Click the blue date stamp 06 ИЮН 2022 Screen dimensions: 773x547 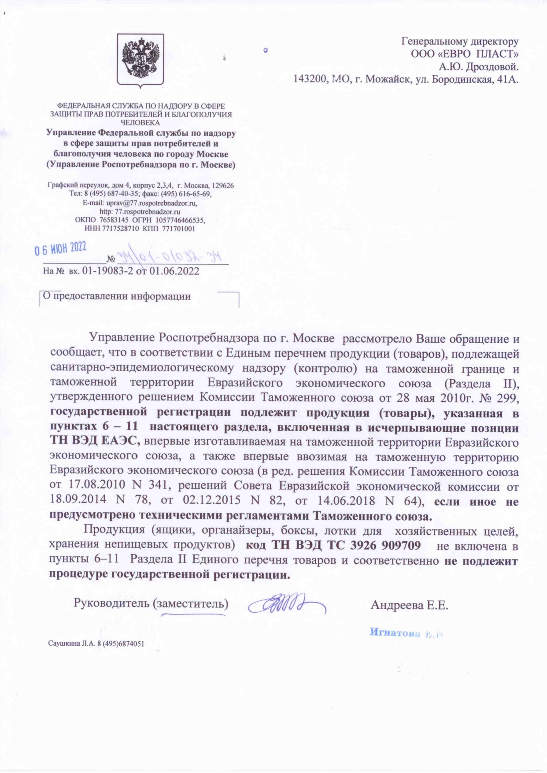pos(61,249)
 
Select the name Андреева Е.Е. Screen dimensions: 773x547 pos(409,605)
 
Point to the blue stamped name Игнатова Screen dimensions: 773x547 pos(393,632)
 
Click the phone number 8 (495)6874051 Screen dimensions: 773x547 pos(121,644)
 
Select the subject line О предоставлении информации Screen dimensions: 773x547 pos(117,296)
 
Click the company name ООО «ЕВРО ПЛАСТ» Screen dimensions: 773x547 pos(465,54)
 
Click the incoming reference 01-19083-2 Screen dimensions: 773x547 pos(107,271)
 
